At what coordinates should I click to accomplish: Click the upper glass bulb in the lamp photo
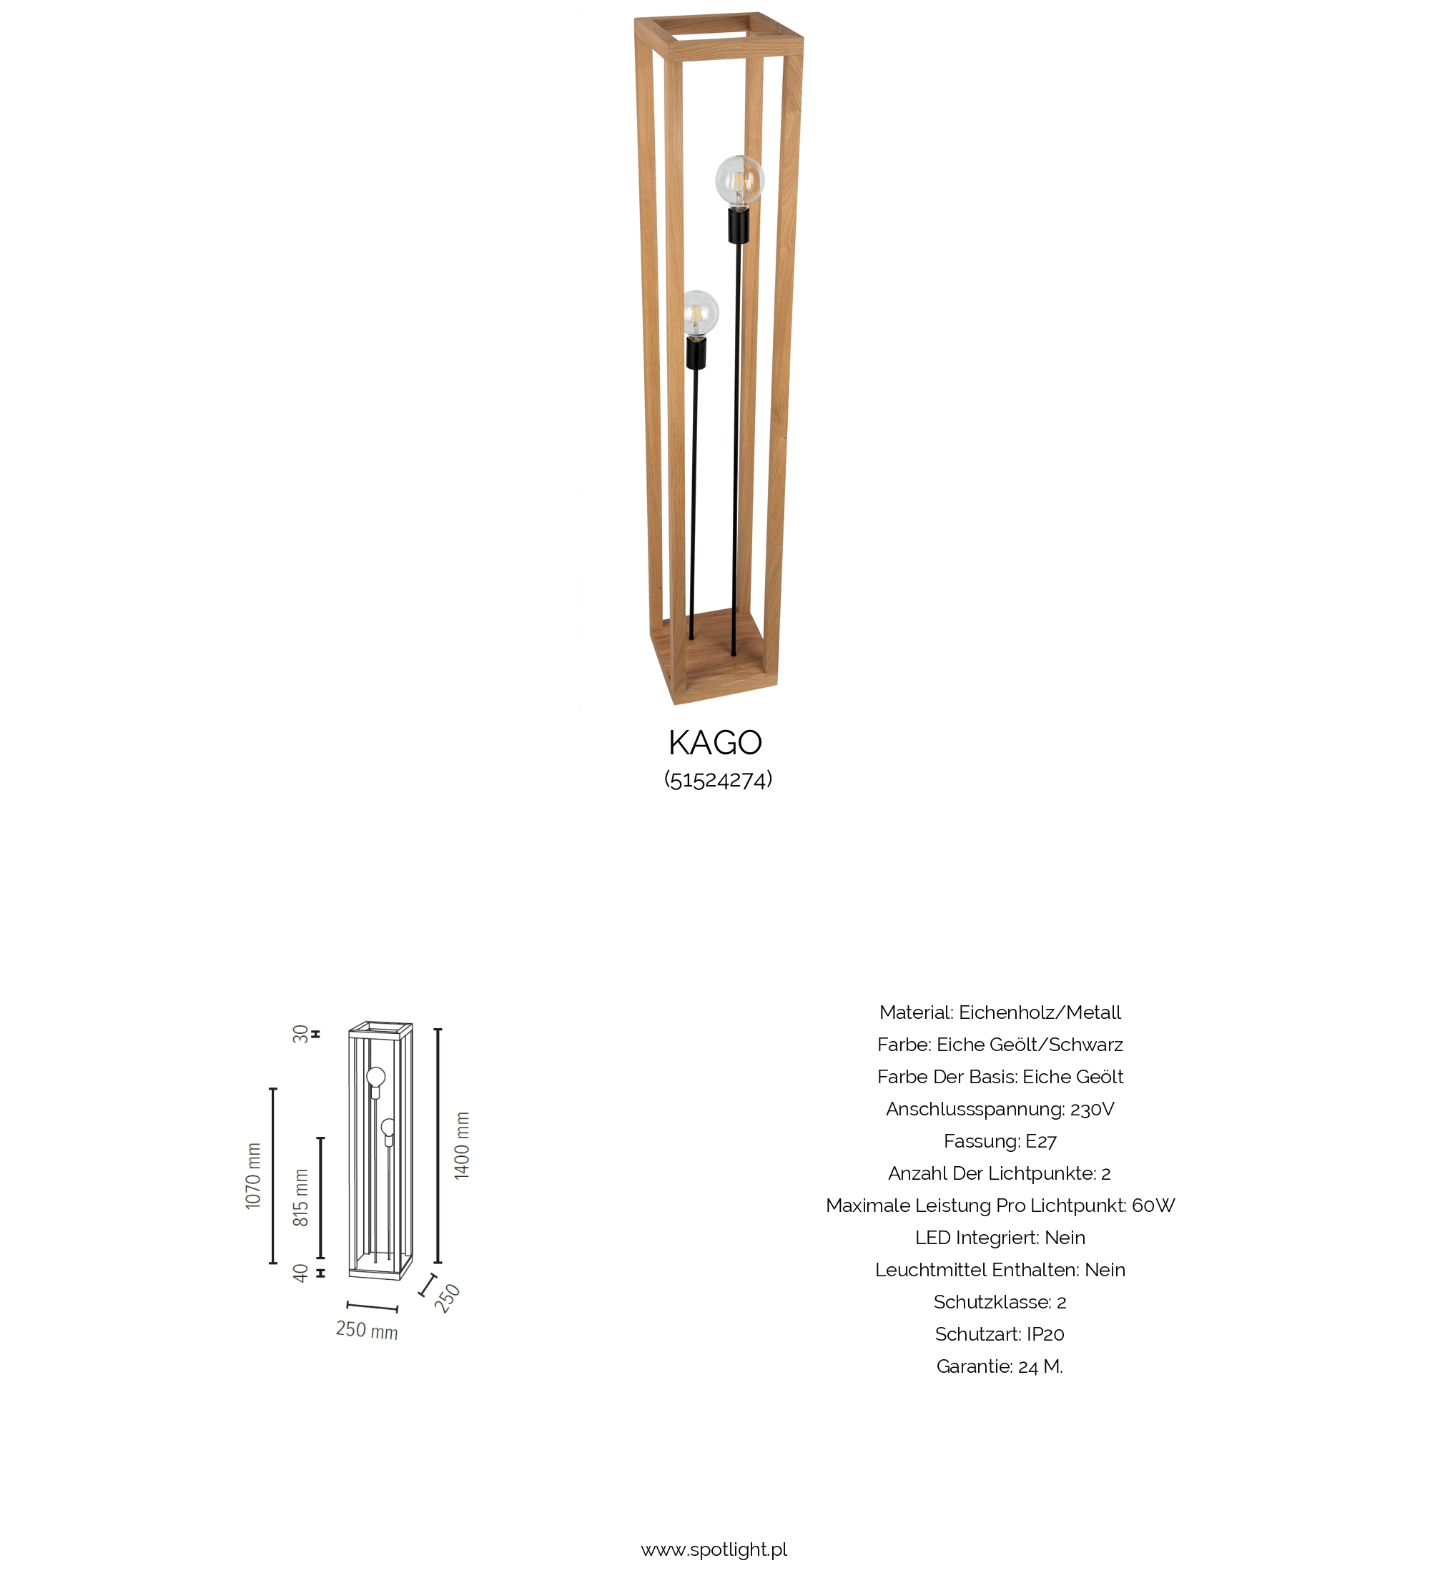(739, 180)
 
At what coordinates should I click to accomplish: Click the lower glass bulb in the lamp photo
(700, 314)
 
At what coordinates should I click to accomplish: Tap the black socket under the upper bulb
(738, 225)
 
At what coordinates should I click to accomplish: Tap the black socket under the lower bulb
(696, 353)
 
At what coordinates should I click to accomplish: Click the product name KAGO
(714, 743)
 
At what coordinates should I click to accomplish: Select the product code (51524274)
(718, 779)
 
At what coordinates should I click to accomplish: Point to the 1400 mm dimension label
(462, 1145)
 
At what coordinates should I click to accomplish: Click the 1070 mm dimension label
(254, 1176)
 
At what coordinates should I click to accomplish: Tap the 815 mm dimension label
(301, 1198)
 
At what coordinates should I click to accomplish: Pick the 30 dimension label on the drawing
(300, 1034)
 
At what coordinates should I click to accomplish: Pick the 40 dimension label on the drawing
(300, 1273)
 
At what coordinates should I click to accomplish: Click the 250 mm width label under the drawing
(367, 1330)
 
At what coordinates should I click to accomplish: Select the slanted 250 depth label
(448, 1298)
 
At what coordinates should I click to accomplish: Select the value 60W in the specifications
(1153, 1205)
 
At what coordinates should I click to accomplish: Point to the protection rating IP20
(1045, 1334)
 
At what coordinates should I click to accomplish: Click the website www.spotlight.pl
(714, 1549)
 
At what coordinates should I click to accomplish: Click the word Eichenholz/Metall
(1039, 1012)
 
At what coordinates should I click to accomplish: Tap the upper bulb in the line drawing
(376, 1077)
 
